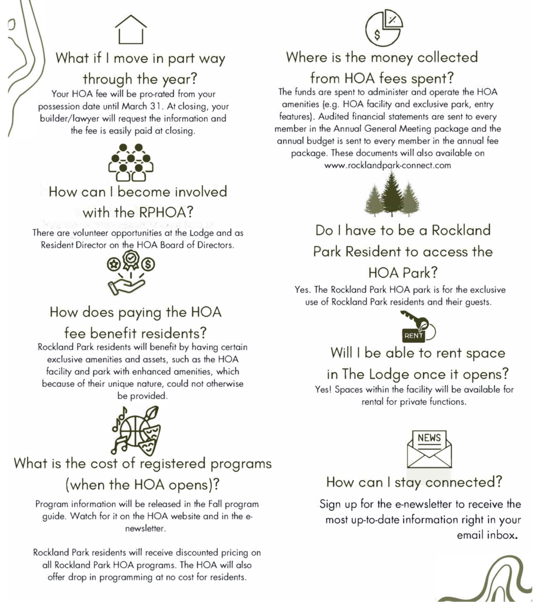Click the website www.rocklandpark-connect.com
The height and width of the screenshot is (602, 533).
coord(388,165)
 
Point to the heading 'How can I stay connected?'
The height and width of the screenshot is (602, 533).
coord(414,483)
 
